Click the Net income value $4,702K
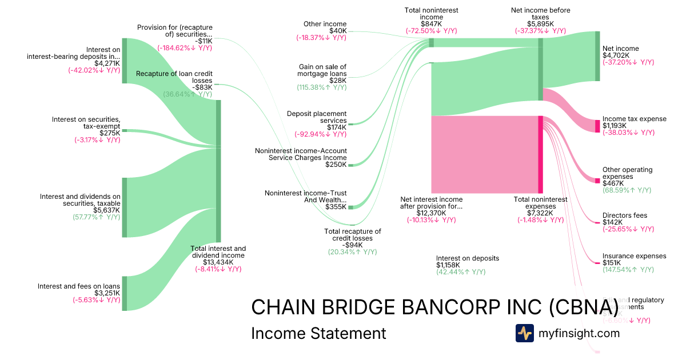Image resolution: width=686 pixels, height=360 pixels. click(616, 55)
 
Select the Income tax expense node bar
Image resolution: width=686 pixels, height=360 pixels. click(598, 126)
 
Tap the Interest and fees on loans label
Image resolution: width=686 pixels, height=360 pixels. click(79, 286)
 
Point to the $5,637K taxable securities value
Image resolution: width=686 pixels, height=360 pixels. click(107, 210)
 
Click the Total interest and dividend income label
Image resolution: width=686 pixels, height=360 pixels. click(218, 252)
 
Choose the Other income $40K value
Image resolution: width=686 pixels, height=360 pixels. click(337, 30)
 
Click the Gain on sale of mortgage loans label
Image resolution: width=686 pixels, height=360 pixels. click(322, 70)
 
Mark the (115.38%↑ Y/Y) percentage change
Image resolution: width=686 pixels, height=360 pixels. click(321, 87)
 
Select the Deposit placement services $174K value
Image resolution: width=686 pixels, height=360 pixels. click(336, 127)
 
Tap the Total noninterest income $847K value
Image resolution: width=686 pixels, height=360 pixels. click(431, 24)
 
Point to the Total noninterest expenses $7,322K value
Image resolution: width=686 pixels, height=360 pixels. click(540, 213)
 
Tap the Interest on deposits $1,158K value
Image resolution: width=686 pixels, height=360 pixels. click(448, 265)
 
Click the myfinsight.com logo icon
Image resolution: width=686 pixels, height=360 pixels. click(524, 333)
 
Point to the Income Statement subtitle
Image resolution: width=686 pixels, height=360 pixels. click(318, 333)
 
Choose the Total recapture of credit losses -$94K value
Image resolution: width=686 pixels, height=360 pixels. click(352, 245)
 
